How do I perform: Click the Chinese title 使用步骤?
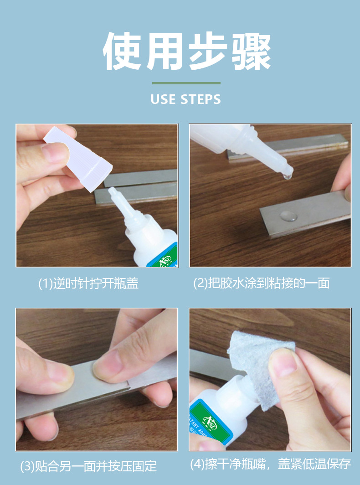[187, 51]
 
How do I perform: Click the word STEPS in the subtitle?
[201, 99]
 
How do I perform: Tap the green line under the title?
[186, 83]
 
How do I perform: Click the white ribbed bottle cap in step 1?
[78, 158]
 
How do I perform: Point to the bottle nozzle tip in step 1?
[112, 191]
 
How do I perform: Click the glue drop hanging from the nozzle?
[288, 176]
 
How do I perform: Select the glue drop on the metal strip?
[288, 216]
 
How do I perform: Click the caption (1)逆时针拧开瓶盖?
[88, 284]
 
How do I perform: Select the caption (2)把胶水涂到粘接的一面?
[261, 284]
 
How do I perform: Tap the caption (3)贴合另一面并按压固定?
[88, 466]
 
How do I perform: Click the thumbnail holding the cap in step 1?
[56, 154]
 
